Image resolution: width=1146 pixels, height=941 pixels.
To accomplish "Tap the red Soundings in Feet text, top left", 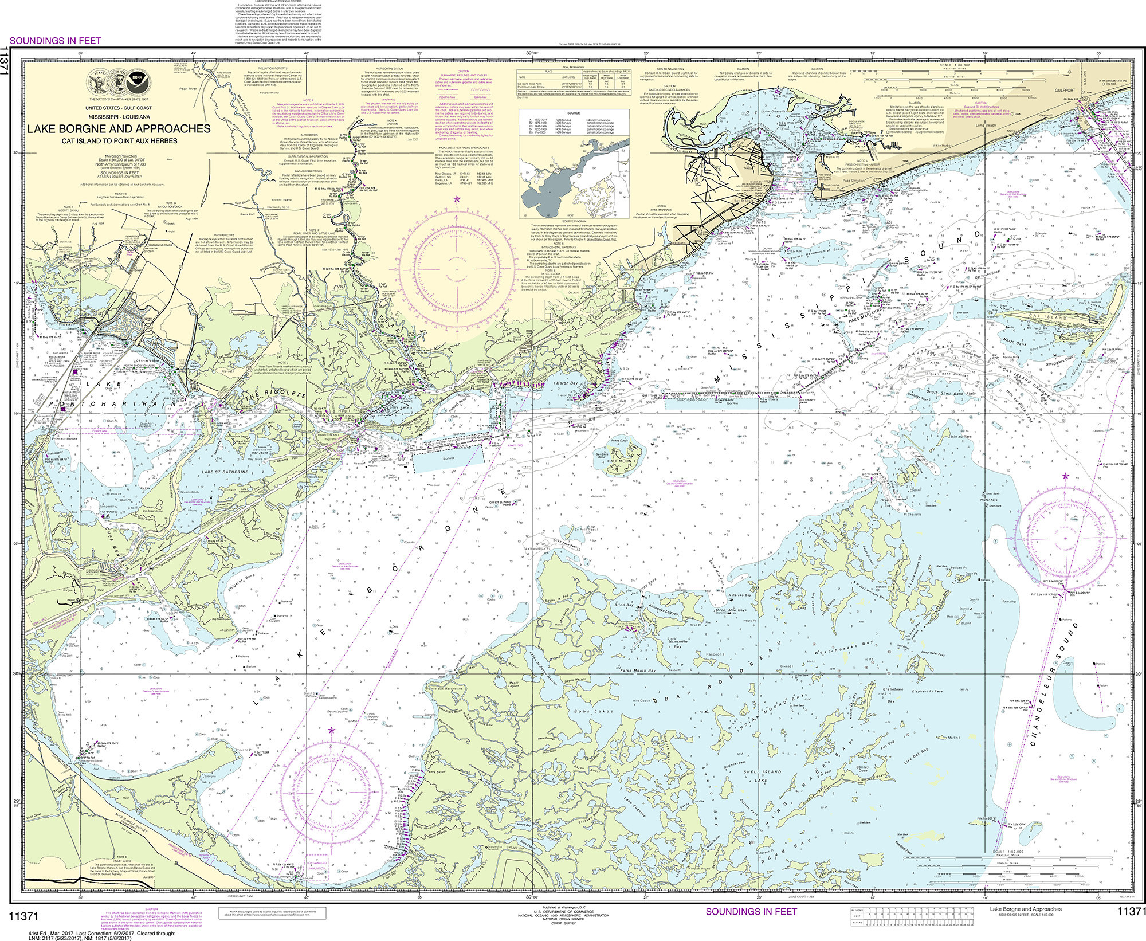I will point(56,40).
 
